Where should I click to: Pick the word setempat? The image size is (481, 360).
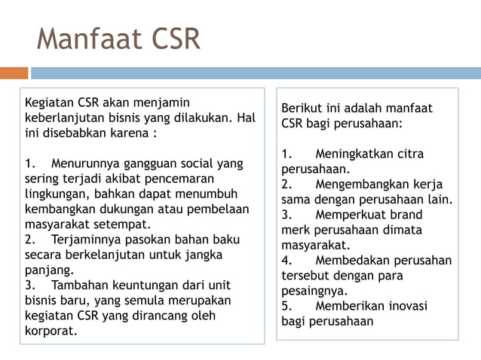click(121, 224)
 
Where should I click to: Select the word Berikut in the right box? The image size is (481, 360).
click(302, 108)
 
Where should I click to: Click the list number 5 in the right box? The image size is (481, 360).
click(286, 306)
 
